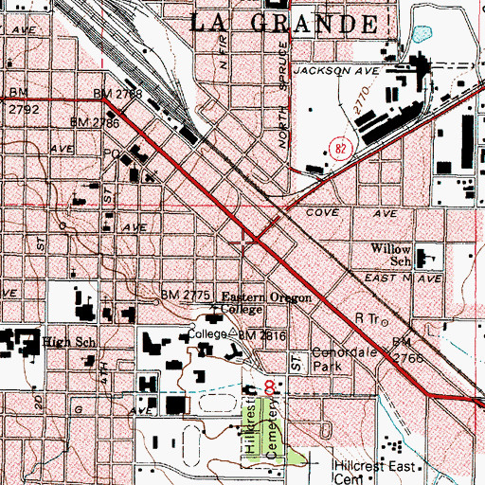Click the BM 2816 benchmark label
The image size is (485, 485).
(x=261, y=335)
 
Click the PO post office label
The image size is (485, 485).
(x=110, y=153)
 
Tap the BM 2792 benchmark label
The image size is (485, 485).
(x=16, y=100)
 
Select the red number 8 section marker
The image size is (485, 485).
(x=272, y=387)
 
